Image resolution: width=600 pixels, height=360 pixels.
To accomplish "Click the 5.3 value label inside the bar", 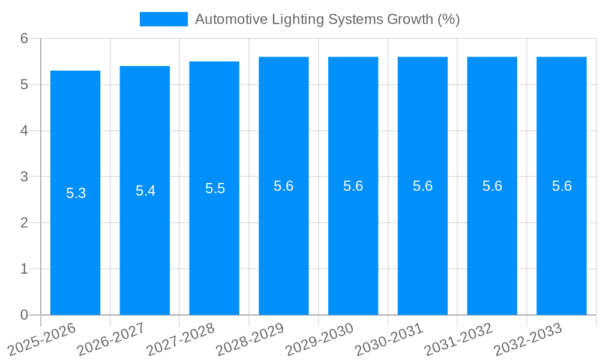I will coord(76,193).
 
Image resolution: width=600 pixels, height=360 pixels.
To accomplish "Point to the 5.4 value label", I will coord(145,191).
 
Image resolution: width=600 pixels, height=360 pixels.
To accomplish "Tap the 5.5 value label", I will coord(215,188).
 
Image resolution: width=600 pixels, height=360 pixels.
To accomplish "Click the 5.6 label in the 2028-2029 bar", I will coord(283,186).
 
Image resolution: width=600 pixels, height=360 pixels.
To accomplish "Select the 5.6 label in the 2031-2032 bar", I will coord(492,186).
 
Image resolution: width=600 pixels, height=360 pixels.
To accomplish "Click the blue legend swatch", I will coord(163,19).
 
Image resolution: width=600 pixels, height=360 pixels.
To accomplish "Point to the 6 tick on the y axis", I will coord(24,38).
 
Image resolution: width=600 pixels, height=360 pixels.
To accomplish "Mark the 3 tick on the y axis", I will coord(24,176).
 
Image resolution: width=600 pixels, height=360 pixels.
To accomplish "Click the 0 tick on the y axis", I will coord(24,315).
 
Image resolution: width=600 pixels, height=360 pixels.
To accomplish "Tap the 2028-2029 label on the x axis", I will coord(251,340).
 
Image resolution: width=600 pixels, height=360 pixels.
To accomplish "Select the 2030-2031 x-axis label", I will coord(390,340).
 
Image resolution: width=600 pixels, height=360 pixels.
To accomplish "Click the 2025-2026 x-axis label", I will coord(42,340).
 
